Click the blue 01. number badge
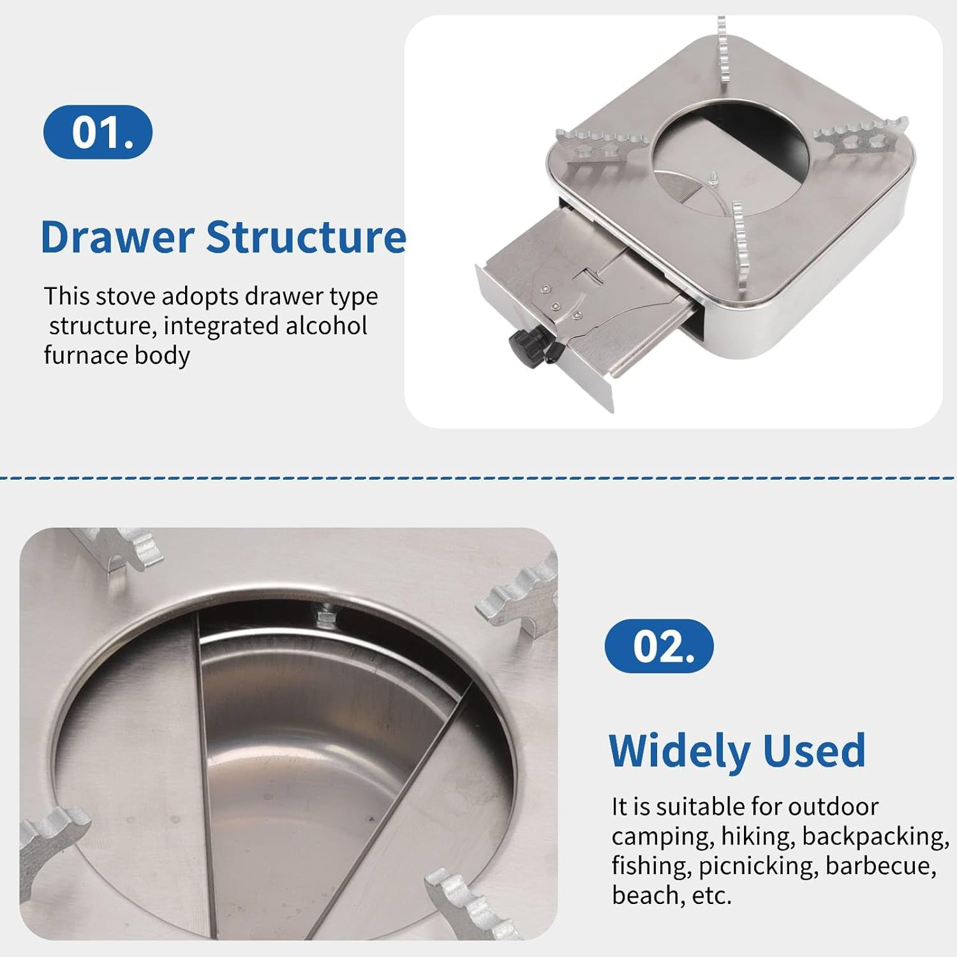pos(98,132)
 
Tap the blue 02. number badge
pos(658,646)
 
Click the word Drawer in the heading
pos(117,237)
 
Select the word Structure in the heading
pos(306,237)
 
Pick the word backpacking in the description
pos(875,836)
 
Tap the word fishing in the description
pos(650,866)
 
